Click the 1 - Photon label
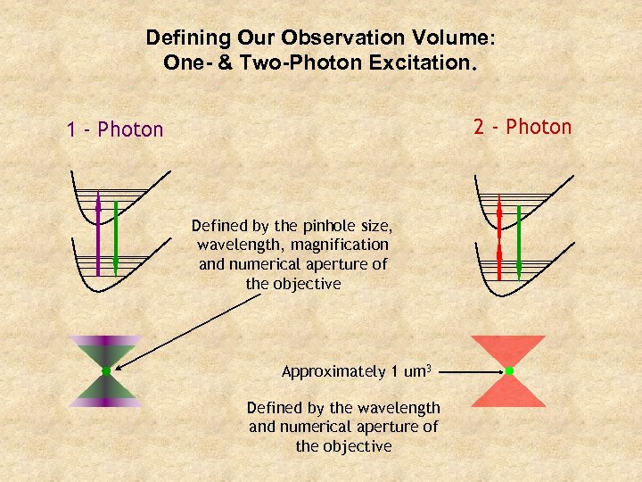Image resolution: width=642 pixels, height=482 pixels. pos(115,129)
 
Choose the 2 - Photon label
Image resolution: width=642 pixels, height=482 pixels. pos(523,127)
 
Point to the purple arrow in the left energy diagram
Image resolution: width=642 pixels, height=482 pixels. pos(98,236)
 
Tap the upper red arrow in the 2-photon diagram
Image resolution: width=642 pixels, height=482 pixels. pos(499,218)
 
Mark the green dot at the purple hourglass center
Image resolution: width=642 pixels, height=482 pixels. pos(106,370)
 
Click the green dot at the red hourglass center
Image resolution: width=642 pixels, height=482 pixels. pos(508,370)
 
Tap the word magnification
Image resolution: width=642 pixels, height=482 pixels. pos(340,244)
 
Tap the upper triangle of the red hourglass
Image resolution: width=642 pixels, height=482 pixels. pos(508,349)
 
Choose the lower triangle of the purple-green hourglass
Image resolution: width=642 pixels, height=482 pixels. pos(106,391)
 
